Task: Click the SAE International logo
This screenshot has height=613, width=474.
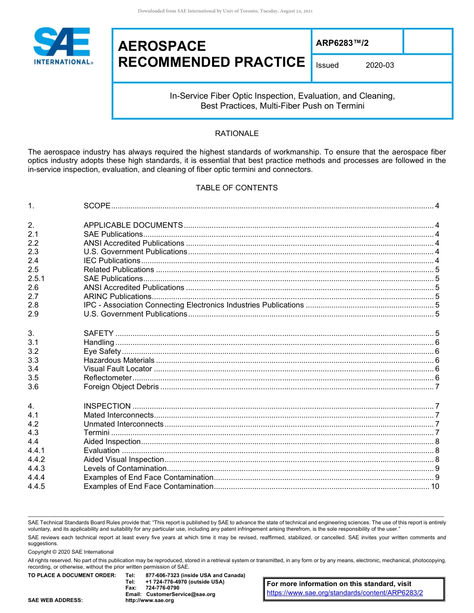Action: pos(62,46)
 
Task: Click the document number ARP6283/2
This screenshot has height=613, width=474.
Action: pos(342,43)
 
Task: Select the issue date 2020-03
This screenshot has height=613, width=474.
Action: pos(379,65)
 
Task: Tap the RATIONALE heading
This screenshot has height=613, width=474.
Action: pos(237,134)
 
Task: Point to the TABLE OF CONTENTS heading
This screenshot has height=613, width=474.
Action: pos(237,188)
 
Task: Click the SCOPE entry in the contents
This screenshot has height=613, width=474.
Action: pos(97,206)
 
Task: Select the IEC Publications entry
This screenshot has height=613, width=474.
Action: pos(112,261)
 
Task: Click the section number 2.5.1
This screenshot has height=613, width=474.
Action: pos(36,279)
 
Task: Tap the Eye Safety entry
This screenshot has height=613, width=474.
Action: pos(102,351)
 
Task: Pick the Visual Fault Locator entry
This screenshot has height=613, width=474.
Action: pos(118,369)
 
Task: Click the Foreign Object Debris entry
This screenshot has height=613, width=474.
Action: pos(122,387)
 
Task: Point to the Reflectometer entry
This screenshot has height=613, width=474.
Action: pos(108,378)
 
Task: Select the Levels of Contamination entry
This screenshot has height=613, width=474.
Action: pos(125,468)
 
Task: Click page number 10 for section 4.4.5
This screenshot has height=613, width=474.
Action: pos(435,486)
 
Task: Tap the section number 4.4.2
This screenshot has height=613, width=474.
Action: pos(36,460)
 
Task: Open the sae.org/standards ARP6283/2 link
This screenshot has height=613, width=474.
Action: pos(345,593)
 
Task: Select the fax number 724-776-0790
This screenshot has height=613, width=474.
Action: pos(162,588)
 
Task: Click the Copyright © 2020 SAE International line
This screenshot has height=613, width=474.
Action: pos(71,552)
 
